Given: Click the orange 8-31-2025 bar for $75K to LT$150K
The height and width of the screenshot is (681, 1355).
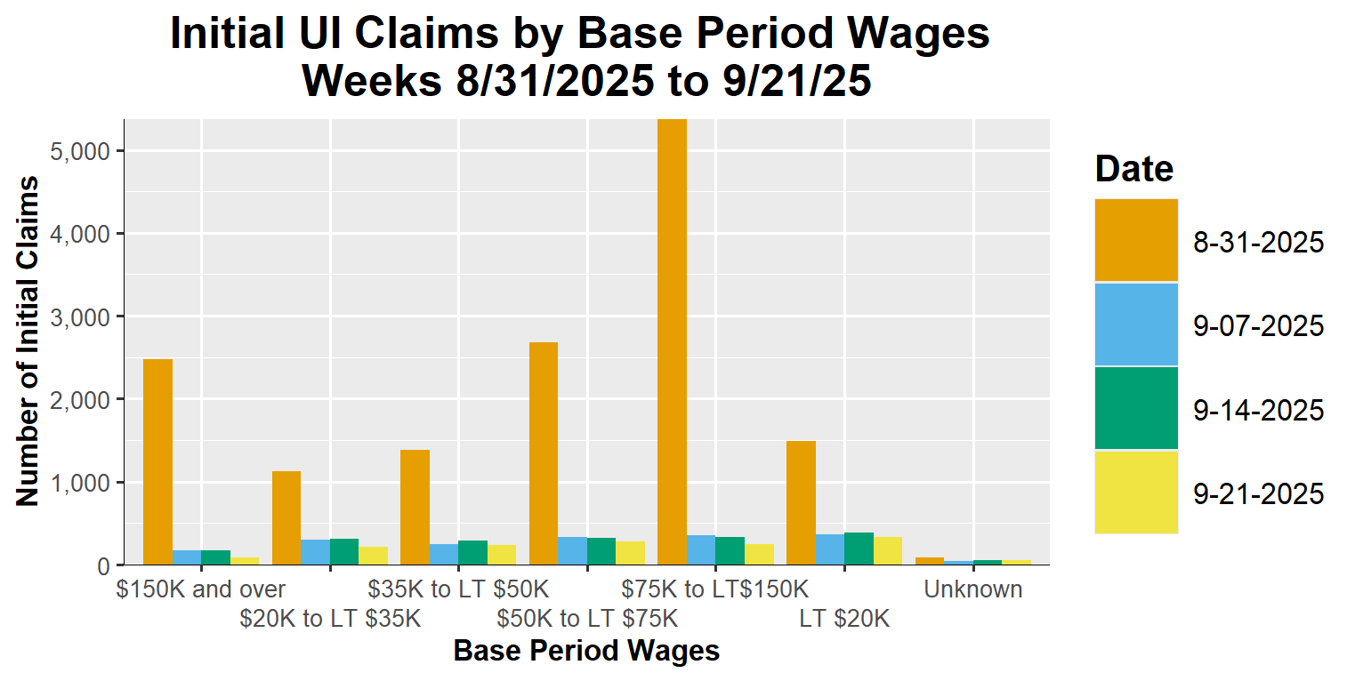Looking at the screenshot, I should [x=672, y=342].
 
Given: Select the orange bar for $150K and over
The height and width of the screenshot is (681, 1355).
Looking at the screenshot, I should [x=157, y=461].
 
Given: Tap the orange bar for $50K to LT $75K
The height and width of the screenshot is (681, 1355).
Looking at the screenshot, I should [x=544, y=453].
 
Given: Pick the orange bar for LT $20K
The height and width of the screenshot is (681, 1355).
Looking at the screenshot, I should [x=801, y=502].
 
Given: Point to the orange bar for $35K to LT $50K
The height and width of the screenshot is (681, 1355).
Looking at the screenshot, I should [x=415, y=507].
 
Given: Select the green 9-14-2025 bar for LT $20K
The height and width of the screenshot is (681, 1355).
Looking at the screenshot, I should [x=859, y=549].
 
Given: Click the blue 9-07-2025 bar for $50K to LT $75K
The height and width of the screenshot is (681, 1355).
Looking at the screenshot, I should [x=572, y=551].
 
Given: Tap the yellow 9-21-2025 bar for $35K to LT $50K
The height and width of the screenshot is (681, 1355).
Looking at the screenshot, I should [x=501, y=555].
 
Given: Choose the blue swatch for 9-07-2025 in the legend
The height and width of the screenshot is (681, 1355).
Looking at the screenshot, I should [x=1135, y=324].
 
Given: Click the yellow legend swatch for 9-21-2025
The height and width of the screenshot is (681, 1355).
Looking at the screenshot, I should [x=1135, y=492].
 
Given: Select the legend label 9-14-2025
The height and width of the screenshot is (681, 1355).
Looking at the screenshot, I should [x=1258, y=410].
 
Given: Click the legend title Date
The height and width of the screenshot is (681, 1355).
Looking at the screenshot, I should [x=1133, y=169].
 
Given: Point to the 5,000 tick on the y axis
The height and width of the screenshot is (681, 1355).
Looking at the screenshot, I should [x=81, y=151].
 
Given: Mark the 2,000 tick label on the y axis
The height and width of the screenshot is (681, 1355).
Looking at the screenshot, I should [x=81, y=400].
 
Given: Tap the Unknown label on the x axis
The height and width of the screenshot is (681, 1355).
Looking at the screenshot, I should [x=972, y=589].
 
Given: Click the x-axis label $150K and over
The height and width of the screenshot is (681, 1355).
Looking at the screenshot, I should [x=201, y=589].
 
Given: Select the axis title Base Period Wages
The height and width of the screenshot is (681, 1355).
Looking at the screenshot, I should [x=586, y=651].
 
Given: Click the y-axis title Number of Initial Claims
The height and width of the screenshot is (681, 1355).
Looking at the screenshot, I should [x=28, y=341].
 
